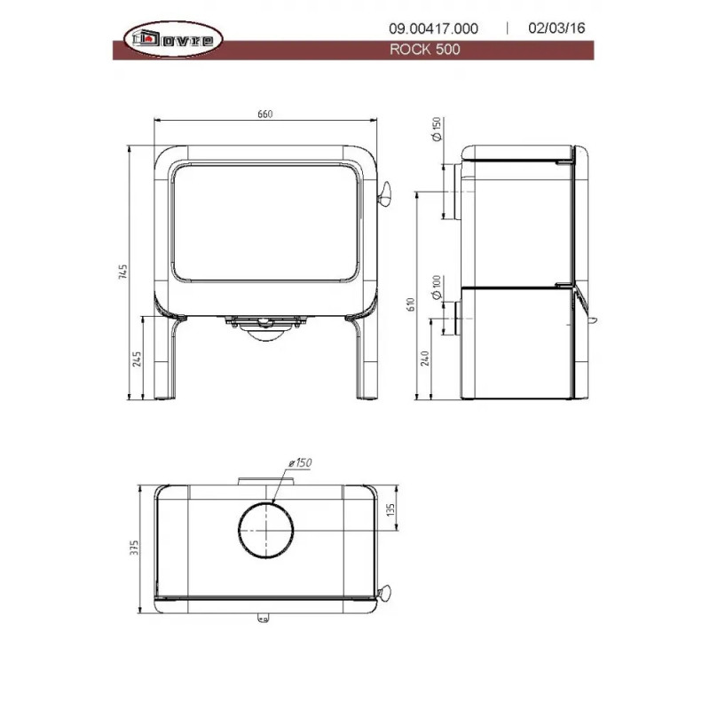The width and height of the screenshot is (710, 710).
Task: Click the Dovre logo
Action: pyautogui.click(x=173, y=39)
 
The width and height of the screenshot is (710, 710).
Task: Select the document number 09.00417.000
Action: pyautogui.click(x=433, y=28)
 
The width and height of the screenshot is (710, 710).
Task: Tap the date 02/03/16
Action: pyautogui.click(x=556, y=28)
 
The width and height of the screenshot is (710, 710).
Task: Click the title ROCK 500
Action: pyautogui.click(x=425, y=50)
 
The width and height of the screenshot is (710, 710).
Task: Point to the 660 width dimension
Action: pyautogui.click(x=264, y=114)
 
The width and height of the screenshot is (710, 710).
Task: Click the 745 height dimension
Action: pyautogui.click(x=123, y=272)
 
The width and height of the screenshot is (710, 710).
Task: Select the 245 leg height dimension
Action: pyautogui.click(x=137, y=359)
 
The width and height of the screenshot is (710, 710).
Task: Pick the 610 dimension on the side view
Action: pyautogui.click(x=411, y=304)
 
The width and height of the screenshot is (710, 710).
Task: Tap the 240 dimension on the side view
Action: pyautogui.click(x=425, y=359)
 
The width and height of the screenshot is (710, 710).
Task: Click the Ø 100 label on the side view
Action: pyautogui.click(x=437, y=287)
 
